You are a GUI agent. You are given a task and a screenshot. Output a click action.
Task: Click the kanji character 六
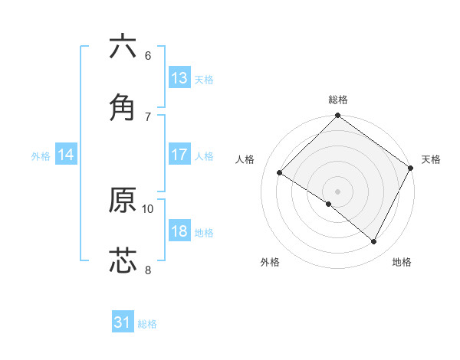[123, 47]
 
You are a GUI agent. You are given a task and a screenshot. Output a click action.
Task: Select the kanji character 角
[123, 106]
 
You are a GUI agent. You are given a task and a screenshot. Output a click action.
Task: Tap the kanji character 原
[123, 200]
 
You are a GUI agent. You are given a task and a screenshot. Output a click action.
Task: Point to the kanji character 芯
[123, 260]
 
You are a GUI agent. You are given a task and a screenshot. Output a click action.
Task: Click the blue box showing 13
[179, 78]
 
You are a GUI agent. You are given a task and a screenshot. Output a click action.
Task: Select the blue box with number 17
[179, 155]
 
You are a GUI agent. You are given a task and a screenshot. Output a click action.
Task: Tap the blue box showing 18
[179, 231]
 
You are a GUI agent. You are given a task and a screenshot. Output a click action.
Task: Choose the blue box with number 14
[66, 155]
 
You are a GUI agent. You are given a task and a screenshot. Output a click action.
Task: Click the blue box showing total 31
[123, 322]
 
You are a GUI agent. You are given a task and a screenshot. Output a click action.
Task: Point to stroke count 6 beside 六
[147, 56]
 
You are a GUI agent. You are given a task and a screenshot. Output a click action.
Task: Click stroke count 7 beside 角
[147, 116]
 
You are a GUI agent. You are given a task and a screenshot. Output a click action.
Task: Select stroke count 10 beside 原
[148, 208]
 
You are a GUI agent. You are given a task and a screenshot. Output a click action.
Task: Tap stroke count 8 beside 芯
[147, 269]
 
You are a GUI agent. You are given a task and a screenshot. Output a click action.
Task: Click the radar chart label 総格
[338, 100]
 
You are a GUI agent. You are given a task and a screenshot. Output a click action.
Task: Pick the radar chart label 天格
[431, 159]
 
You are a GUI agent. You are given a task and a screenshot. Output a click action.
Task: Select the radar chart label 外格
[270, 262]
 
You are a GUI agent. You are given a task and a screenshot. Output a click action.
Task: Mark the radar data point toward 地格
[374, 242]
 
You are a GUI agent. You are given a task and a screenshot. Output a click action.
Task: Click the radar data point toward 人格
[280, 173]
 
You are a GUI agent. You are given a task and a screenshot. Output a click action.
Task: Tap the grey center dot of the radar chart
[337, 191]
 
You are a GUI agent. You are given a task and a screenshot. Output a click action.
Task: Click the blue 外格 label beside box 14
[41, 156]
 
